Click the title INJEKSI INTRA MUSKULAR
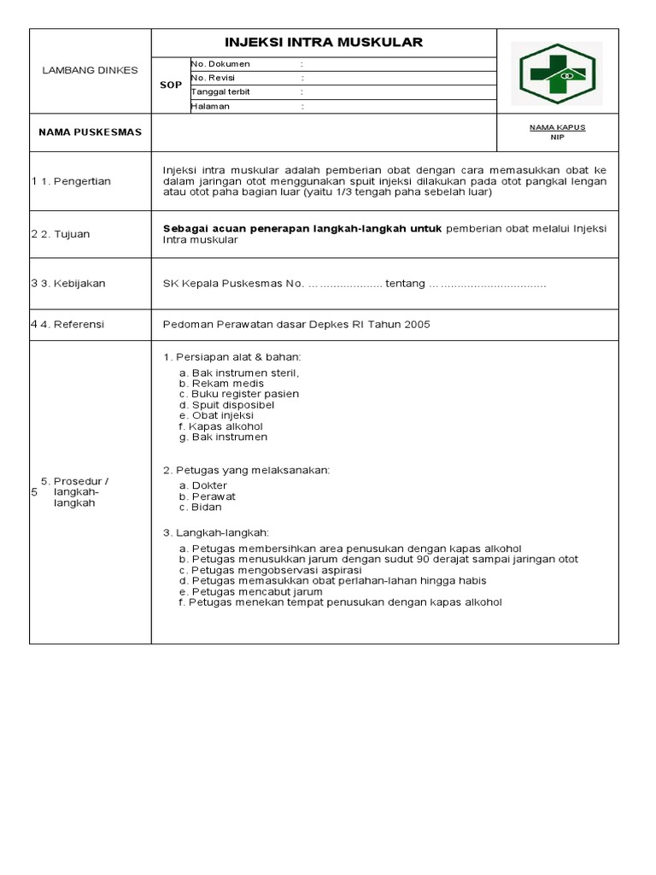coord(323,43)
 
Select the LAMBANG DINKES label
coord(90,70)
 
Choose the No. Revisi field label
coord(214,78)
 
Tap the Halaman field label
coord(211,107)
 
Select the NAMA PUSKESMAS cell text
coord(90,132)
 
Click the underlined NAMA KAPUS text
coord(557,126)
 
